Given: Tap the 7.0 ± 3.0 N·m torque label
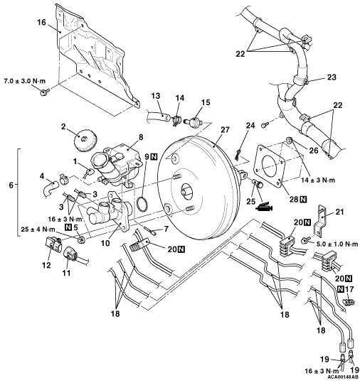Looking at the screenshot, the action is coord(25,81).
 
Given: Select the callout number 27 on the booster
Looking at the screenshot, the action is coord(226,130).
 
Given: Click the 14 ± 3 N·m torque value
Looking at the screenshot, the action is coord(318,180).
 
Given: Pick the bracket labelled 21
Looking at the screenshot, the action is coord(321,220).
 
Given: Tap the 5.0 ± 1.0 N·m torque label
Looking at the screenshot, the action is coord(337,244).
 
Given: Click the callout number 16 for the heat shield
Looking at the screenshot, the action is coord(41,22).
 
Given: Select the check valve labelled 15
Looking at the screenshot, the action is coord(194,122).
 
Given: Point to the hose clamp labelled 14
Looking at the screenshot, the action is coord(176,120).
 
